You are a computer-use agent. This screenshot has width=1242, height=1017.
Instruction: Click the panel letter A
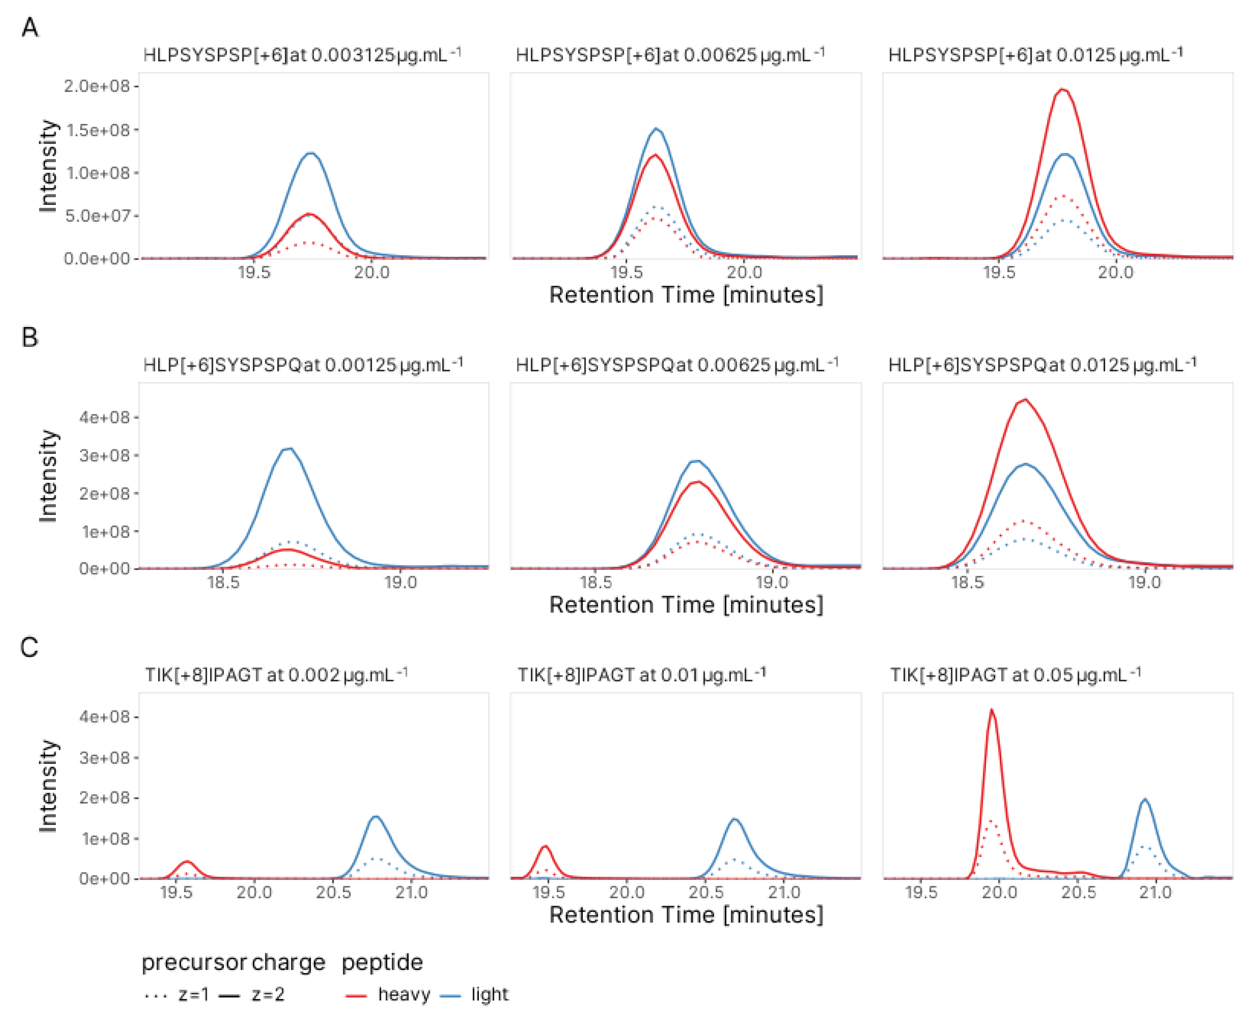click(29, 27)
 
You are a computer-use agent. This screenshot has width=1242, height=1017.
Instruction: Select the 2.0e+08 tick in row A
click(97, 86)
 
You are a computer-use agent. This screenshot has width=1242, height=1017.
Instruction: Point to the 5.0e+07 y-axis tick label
click(97, 216)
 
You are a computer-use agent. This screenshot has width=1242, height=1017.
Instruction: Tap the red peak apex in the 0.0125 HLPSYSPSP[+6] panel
click(1063, 90)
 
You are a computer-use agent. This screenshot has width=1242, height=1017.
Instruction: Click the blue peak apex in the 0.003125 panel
click(311, 153)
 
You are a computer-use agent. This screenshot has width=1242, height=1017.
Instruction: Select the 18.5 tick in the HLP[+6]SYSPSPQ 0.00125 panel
click(223, 582)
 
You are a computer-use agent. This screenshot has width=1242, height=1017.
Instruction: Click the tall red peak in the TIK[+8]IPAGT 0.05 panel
click(991, 711)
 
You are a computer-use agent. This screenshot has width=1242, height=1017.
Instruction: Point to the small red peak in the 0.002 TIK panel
click(187, 861)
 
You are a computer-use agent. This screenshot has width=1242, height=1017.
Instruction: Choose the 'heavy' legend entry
click(403, 994)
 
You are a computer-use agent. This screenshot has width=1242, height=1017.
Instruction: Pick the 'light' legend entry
click(489, 994)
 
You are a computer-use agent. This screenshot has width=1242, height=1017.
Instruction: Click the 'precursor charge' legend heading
click(233, 962)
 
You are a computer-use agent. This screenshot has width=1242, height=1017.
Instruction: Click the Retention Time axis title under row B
click(685, 604)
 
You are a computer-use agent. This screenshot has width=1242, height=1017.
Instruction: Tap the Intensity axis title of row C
click(48, 785)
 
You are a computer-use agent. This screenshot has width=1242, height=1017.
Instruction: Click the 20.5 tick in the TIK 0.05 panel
click(1078, 892)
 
